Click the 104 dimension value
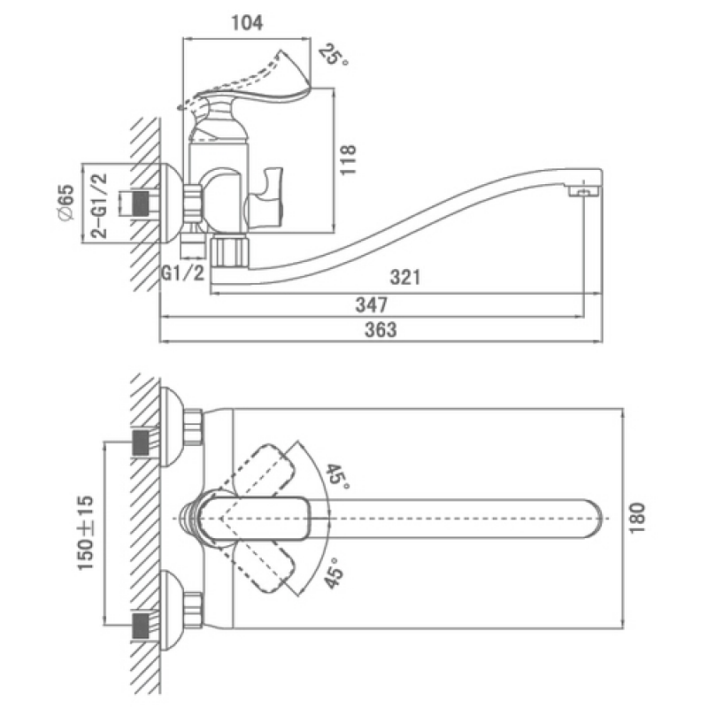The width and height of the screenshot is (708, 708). point(247,23)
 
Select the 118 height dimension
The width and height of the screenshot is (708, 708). point(348,160)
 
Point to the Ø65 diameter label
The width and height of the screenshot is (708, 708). point(65,203)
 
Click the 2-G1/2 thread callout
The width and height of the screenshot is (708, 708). point(99,205)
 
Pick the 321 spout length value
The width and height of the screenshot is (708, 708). point(405,277)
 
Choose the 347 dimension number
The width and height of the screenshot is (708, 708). point(372,304)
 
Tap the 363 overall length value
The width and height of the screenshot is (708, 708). point(381,329)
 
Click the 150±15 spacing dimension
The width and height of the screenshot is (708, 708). point(86,533)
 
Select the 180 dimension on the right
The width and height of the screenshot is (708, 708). point(637,518)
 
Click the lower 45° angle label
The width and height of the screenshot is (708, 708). point(335,573)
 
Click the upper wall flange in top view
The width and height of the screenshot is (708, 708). point(172,426)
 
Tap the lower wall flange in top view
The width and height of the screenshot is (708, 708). point(172,611)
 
